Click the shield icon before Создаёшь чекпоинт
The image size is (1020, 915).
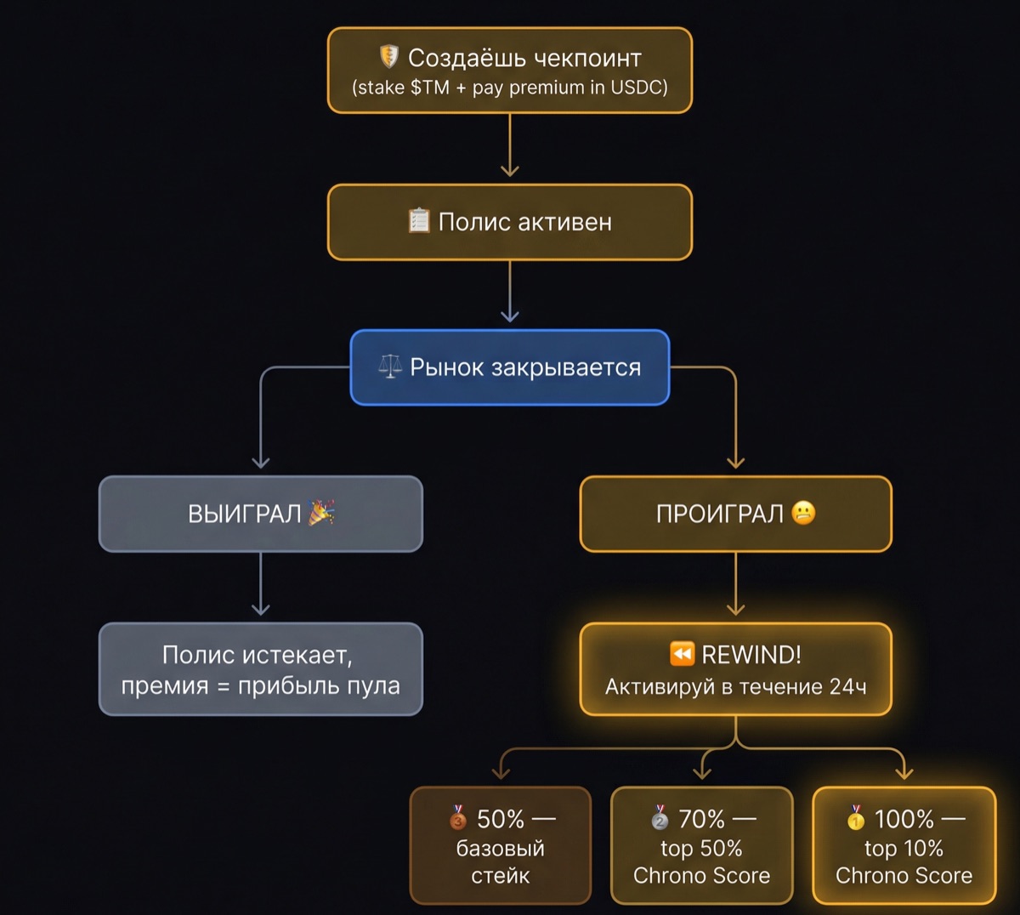(x=388, y=57)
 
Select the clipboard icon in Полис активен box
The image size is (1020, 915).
(x=419, y=221)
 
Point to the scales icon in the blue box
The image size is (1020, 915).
(x=390, y=367)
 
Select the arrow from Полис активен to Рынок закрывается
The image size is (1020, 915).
(x=510, y=292)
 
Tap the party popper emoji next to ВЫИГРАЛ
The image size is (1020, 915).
(x=321, y=513)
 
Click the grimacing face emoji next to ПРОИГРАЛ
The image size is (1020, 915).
(x=803, y=513)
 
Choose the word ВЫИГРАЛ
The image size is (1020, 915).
(x=245, y=514)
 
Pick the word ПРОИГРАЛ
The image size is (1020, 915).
(x=719, y=514)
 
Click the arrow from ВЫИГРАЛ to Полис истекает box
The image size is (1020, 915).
(x=261, y=585)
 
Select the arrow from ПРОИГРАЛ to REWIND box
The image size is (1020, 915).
(x=736, y=585)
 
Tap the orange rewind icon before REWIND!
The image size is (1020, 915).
(x=683, y=654)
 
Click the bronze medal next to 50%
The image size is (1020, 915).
(x=458, y=818)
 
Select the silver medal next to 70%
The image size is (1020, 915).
(x=660, y=818)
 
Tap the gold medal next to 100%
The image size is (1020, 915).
(x=856, y=818)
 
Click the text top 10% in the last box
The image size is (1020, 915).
(x=904, y=848)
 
